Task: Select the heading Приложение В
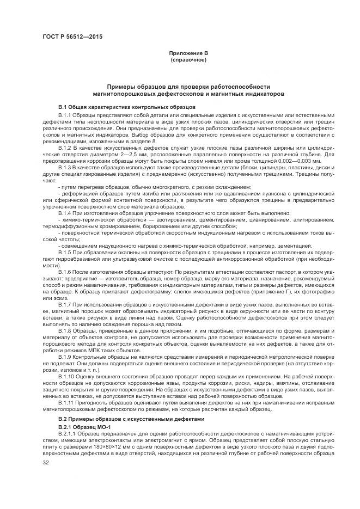pyautogui.click(x=188, y=53)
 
